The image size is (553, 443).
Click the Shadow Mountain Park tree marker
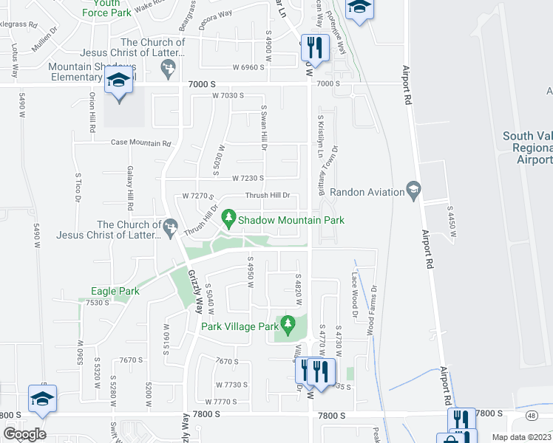(x=230, y=218)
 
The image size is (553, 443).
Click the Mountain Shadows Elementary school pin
(x=118, y=80)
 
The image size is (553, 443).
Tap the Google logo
(x=24, y=434)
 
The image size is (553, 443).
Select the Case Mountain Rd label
(x=140, y=143)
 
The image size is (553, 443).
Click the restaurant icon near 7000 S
(x=314, y=48)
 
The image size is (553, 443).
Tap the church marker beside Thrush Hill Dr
(x=171, y=224)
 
